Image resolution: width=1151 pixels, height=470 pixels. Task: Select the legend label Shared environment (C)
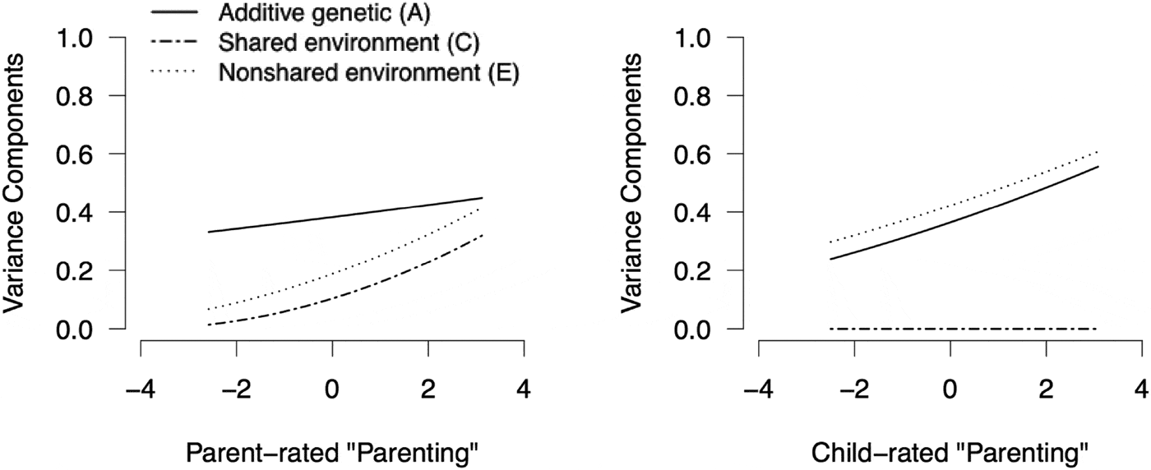[349, 42]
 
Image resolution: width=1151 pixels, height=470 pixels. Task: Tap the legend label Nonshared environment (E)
[367, 73]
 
